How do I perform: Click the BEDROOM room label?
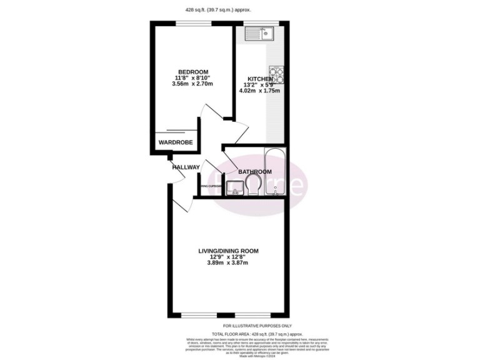193,71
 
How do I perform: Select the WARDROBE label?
175,143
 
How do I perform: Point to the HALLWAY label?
186,167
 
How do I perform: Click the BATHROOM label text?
254,172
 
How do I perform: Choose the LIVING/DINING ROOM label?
228,251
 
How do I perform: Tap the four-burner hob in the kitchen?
276,74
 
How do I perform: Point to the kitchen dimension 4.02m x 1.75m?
259,91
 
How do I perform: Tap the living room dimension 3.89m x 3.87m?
228,263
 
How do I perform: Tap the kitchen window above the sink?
253,24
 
